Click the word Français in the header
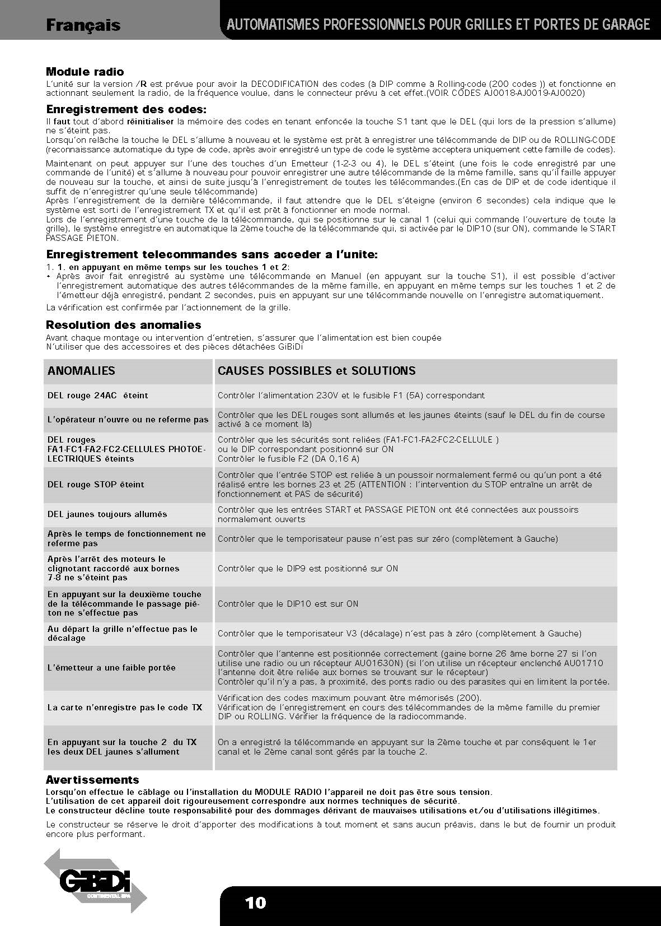tap(83, 25)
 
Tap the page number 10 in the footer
tap(255, 902)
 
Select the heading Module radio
tap(85, 72)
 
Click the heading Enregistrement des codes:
tap(126, 109)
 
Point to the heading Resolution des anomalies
tap(123, 325)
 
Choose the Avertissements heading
tap(92, 780)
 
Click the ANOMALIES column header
tap(81, 371)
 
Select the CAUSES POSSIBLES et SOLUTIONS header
tap(316, 371)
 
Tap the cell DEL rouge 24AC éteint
tap(98, 395)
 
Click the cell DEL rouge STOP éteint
tap(96, 485)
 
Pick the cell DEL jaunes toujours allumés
tap(107, 514)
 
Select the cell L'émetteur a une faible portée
tap(111, 668)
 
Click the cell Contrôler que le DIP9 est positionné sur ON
tap(308, 569)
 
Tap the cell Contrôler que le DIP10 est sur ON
tap(288, 604)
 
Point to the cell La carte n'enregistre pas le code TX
tap(125, 708)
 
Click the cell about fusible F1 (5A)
tap(351, 395)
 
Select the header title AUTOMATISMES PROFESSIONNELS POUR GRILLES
tap(438, 25)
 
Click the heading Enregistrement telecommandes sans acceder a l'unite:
tap(212, 255)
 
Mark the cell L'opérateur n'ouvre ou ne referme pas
tap(128, 420)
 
